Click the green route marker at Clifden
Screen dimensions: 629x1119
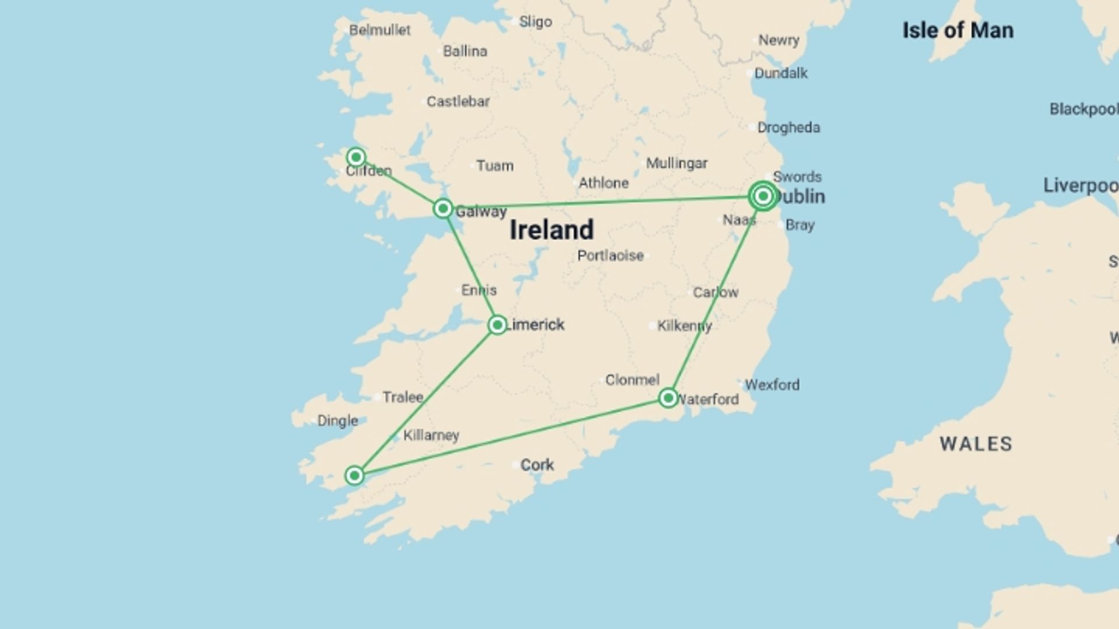point(356,157)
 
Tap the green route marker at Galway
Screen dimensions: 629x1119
point(443,209)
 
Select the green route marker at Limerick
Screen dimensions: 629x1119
point(497,324)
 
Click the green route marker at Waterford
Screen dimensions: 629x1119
point(668,398)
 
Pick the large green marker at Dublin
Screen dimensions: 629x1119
point(763,196)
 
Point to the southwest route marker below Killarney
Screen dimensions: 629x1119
point(354,475)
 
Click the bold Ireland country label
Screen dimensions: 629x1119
point(551,229)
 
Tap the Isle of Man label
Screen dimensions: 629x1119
point(958,30)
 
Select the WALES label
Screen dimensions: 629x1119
point(976,444)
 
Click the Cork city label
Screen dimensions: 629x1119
point(537,465)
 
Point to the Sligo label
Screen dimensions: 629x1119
point(535,22)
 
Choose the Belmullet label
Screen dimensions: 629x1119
point(379,30)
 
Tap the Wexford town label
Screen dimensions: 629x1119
point(772,384)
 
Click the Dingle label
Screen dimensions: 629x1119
point(337,420)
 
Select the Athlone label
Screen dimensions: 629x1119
point(603,183)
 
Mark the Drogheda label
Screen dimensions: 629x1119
point(788,128)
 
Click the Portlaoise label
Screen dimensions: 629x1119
point(610,256)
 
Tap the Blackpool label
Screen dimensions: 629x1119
point(1083,109)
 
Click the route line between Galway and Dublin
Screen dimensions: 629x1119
point(600,202)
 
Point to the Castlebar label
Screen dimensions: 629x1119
point(458,101)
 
